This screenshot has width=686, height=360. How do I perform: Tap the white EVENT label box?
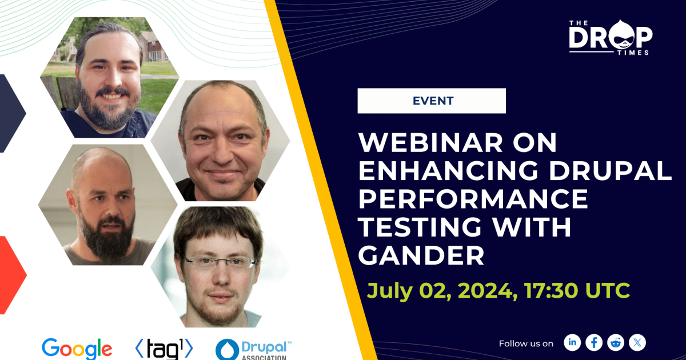pyautogui.click(x=432, y=101)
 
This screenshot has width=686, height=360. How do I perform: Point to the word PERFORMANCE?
pyautogui.click(x=473, y=199)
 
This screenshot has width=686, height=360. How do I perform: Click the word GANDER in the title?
pyautogui.click(x=421, y=255)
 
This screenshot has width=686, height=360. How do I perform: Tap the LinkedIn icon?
pyautogui.click(x=572, y=342)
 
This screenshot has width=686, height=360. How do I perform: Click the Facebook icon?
pyautogui.click(x=594, y=342)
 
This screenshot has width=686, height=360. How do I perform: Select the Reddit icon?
pyautogui.click(x=616, y=342)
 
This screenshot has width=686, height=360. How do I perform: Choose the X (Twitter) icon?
pyautogui.click(x=637, y=342)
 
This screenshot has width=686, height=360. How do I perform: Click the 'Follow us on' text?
pyautogui.click(x=526, y=343)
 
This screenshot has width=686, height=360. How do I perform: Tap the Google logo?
pyautogui.click(x=77, y=348)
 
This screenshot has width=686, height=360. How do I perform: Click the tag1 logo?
pyautogui.click(x=163, y=348)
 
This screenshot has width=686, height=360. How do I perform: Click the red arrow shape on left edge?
pyautogui.click(x=11, y=274)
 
